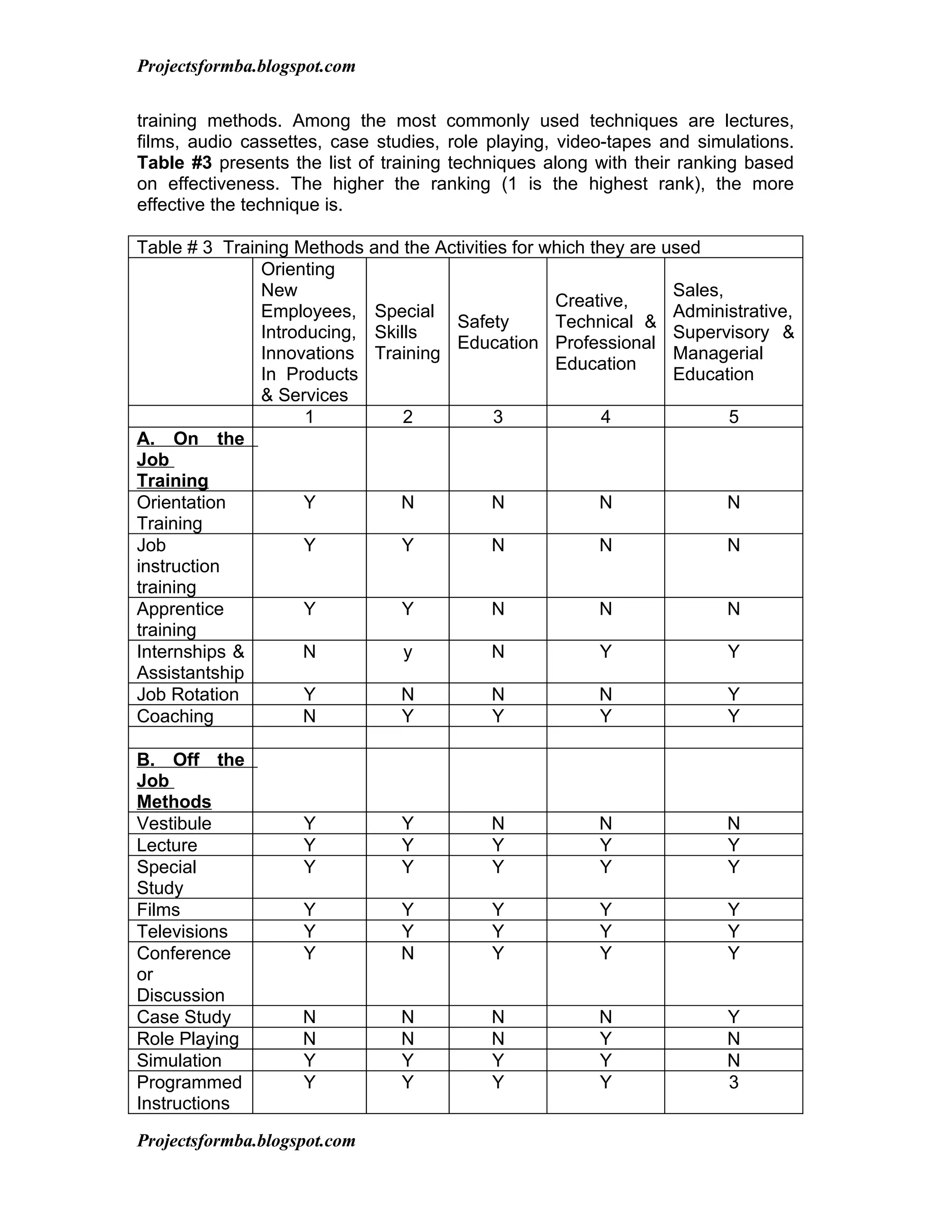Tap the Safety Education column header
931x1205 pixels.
pyautogui.click(x=497, y=331)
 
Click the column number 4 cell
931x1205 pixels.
pyautogui.click(x=605, y=417)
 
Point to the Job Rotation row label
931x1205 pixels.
pyautogui.click(x=188, y=694)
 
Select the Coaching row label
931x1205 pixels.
pyautogui.click(x=175, y=716)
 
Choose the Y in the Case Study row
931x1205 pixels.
pyautogui.click(x=733, y=1016)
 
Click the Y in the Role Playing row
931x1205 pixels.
pyautogui.click(x=605, y=1039)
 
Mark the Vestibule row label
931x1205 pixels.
pyautogui.click(x=174, y=823)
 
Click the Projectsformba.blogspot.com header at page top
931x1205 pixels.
pyautogui.click(x=246, y=66)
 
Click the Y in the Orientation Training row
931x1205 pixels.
pyautogui.click(x=310, y=502)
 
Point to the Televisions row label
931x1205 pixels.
pyautogui.click(x=182, y=931)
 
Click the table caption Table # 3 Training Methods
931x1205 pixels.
pyautogui.click(x=418, y=247)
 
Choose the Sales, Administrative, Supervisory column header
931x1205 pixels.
pyautogui.click(x=733, y=331)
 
